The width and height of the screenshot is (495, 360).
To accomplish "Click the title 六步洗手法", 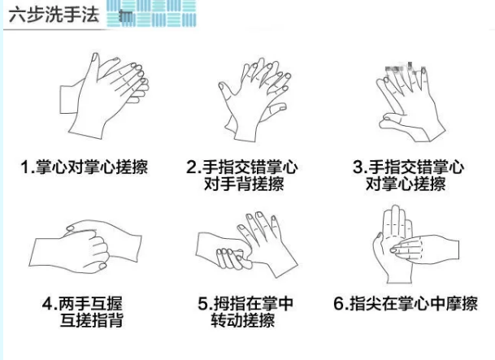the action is [x=54, y=15].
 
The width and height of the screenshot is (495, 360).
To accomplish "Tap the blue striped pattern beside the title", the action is [x=151, y=13].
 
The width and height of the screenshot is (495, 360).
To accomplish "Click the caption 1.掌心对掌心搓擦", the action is [x=85, y=167].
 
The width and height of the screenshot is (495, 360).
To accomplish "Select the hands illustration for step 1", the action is [x=104, y=96].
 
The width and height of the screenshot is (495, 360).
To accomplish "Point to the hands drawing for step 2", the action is [x=254, y=99].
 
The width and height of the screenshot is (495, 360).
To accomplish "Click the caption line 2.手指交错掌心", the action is [x=242, y=167].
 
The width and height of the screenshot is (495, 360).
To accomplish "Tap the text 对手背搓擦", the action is [x=244, y=184].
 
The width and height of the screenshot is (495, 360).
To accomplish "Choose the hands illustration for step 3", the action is [x=410, y=102].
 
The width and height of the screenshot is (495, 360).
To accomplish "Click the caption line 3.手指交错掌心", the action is [x=409, y=167].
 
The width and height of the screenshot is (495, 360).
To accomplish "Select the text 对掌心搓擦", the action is [x=406, y=184].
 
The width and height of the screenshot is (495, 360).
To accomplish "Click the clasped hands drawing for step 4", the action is [x=85, y=246].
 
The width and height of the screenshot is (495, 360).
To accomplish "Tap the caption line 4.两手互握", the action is [x=82, y=304].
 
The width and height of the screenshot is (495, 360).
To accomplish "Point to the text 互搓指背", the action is [x=91, y=320].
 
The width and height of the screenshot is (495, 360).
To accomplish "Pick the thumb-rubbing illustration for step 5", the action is [x=247, y=245].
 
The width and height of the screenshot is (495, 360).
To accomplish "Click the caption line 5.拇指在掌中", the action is [x=245, y=304].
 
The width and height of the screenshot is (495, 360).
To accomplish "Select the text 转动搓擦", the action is [x=243, y=320].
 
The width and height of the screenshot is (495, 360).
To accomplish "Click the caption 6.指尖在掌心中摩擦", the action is [x=406, y=304].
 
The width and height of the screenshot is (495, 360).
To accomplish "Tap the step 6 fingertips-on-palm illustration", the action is [x=416, y=245].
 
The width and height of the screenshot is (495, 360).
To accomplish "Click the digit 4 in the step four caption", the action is [x=47, y=304].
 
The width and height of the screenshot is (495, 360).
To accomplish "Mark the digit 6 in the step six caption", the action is [x=339, y=304].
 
